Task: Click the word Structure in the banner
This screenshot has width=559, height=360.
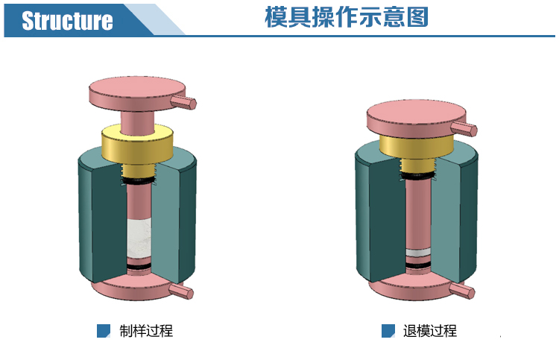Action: (67, 21)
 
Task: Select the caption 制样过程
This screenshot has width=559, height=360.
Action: (146, 330)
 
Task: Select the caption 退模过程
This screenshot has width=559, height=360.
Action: (430, 330)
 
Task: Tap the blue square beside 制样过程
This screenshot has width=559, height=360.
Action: (104, 331)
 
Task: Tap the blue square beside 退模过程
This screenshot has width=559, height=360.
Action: (388, 331)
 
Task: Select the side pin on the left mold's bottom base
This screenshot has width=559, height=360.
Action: (182, 291)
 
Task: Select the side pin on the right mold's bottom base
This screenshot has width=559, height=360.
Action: (464, 291)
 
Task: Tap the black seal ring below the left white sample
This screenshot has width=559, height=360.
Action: (137, 265)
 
